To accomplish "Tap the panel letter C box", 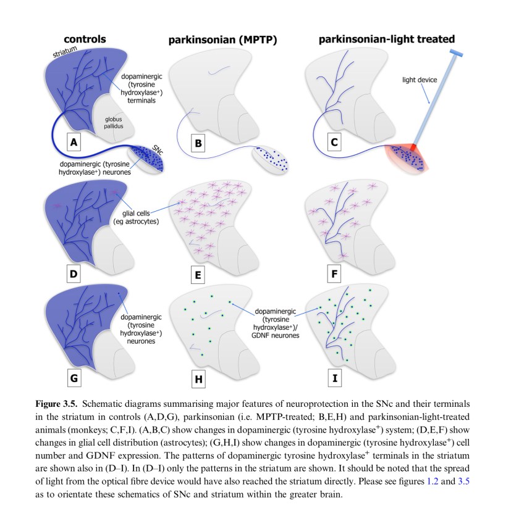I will pos(334,143).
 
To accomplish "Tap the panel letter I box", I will pos(334,377).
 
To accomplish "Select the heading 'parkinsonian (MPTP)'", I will pos(222,41).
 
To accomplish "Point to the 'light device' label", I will pos(419,80).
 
